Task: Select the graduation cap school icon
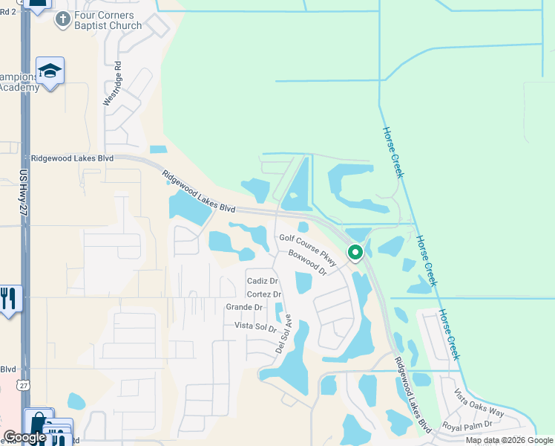pyautogui.click(x=50, y=71)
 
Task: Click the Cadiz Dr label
pyautogui.click(x=262, y=281)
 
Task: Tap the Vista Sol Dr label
pyautogui.click(x=255, y=326)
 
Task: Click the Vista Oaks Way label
pyautogui.click(x=479, y=402)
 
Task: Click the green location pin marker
pyautogui.click(x=355, y=253)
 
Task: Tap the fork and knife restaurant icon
pyautogui.click(x=8, y=298)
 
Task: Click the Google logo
pyautogui.click(x=24, y=437)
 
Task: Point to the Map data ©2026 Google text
pyautogui.click(x=508, y=440)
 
